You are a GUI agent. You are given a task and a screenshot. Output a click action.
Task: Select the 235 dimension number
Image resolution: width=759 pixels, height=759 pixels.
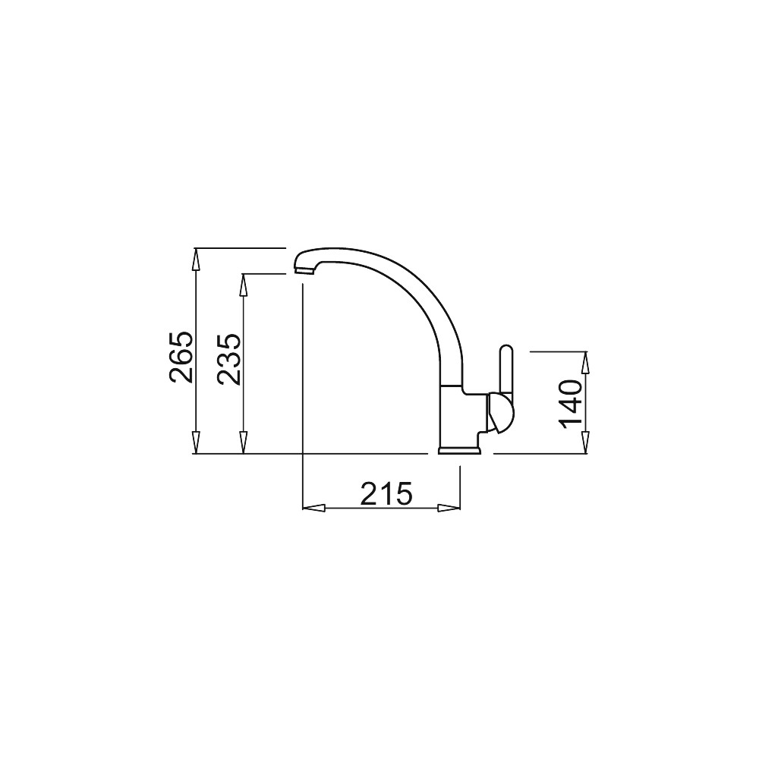coord(228,359)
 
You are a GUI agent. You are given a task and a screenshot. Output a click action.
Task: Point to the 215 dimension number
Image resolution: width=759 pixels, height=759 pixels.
coord(386,494)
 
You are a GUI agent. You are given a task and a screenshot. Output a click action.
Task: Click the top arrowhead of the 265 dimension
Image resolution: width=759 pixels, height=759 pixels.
coord(196,260)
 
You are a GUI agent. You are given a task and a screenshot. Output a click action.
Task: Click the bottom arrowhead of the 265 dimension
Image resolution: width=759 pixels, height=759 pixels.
coord(196,442)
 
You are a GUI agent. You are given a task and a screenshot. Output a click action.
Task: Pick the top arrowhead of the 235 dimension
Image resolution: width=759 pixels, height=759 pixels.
coord(244,285)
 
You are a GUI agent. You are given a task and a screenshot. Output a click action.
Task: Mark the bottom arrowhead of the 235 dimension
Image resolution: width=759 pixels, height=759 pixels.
coord(244,442)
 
